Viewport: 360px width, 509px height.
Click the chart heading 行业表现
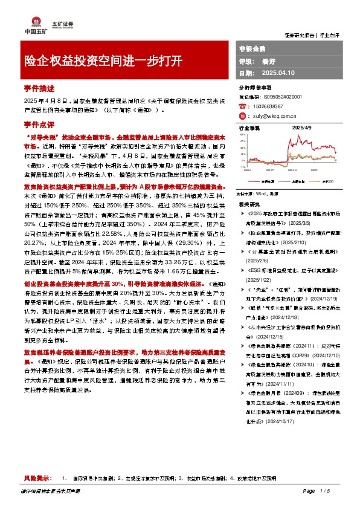pyautogui.click(x=249, y=128)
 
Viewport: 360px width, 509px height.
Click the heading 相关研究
pyautogui.click(x=249, y=205)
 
